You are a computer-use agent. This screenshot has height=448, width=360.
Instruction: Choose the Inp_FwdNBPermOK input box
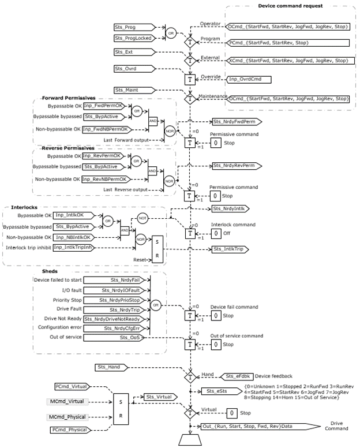coord(104,129)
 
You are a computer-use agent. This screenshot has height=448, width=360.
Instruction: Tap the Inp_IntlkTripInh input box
coord(75,248)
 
